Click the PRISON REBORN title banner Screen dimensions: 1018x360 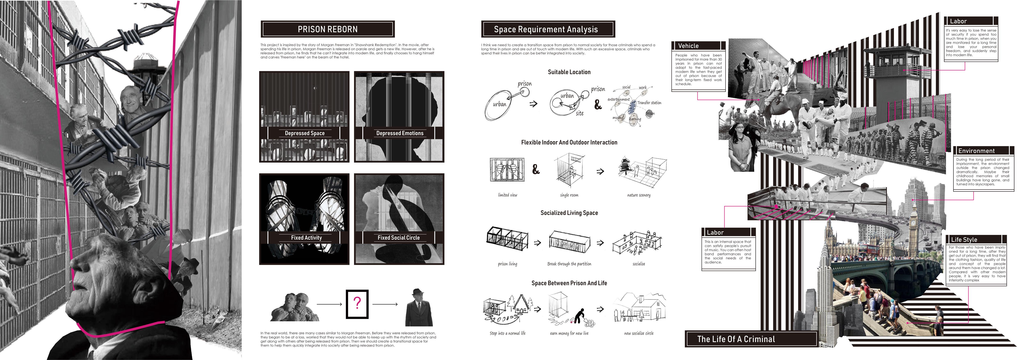tap(328, 29)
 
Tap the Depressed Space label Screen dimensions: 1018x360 tap(305, 133)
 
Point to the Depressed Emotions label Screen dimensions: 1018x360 tap(400, 133)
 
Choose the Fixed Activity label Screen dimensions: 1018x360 tap(306, 238)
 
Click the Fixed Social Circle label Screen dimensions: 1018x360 tap(398, 238)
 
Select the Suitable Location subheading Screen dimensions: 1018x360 tap(569, 72)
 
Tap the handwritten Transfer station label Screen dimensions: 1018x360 tap(649, 103)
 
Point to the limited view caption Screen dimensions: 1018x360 tap(507, 195)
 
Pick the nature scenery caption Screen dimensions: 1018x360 tap(639, 195)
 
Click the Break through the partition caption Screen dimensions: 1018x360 tap(569, 264)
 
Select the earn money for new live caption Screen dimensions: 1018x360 tap(569, 333)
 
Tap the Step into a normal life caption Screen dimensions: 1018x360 tap(507, 333)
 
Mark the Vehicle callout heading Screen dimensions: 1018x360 tap(688, 46)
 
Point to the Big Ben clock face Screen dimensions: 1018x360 tap(913, 223)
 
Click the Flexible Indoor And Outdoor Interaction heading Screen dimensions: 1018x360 tap(569, 142)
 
